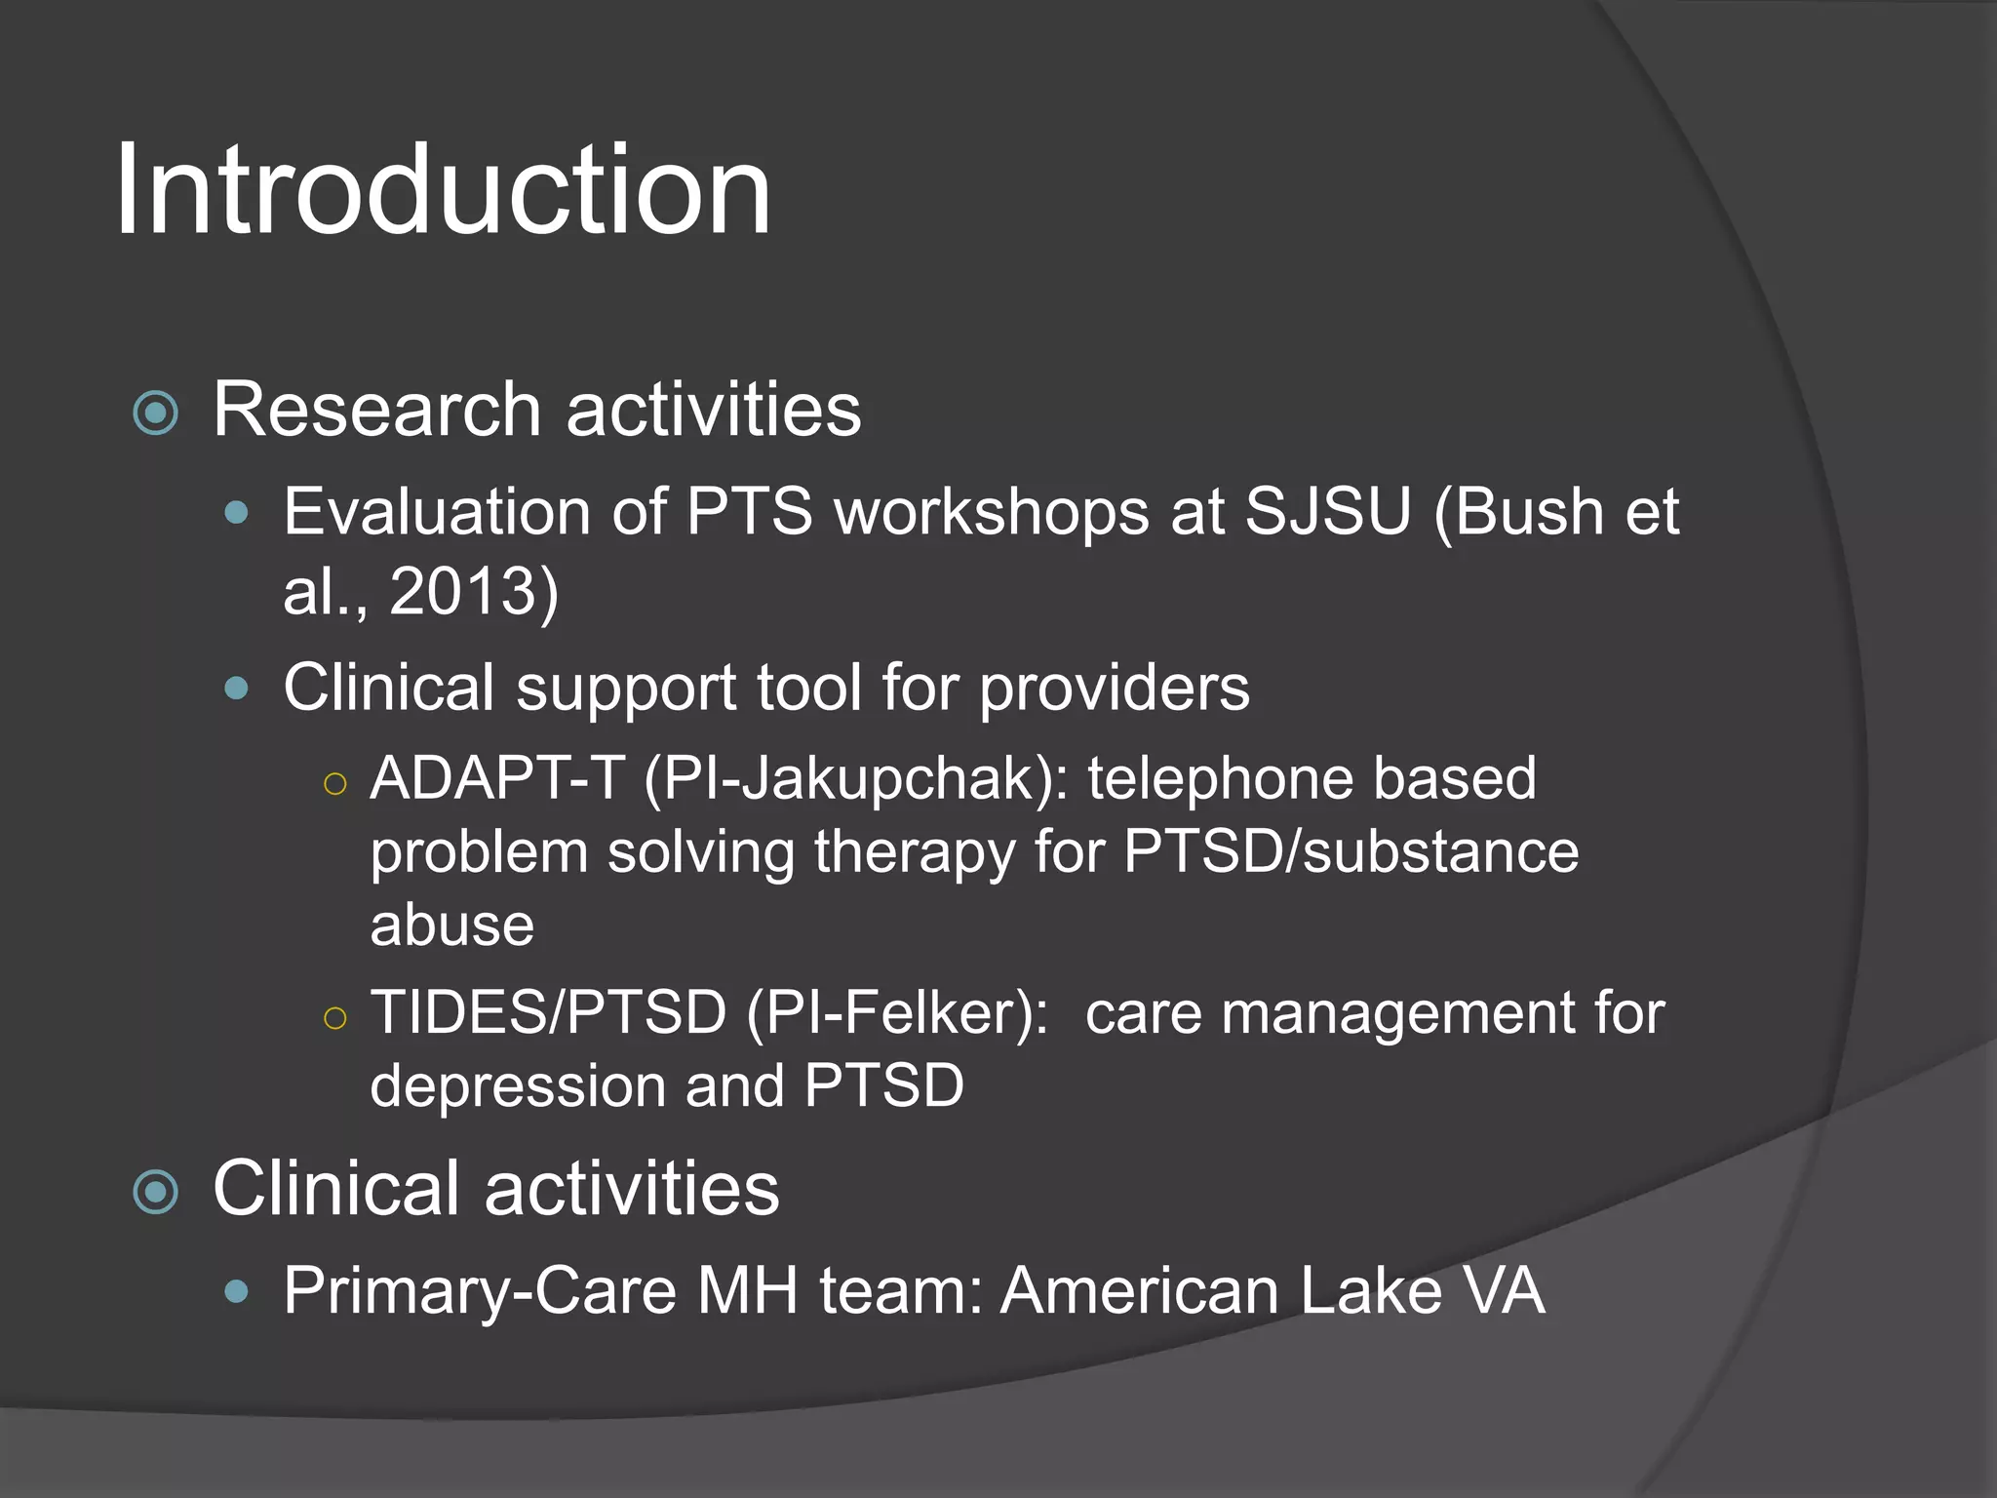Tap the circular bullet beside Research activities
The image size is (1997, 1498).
click(156, 413)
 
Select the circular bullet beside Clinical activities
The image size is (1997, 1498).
click(156, 1192)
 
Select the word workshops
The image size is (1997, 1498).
click(992, 513)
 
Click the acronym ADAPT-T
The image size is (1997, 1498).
click(497, 778)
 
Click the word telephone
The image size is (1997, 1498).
click(1220, 778)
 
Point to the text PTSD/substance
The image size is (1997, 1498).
click(1351, 851)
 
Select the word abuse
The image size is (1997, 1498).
click(451, 925)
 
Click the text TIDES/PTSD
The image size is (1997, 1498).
click(548, 1012)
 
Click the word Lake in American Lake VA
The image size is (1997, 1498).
click(1371, 1291)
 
